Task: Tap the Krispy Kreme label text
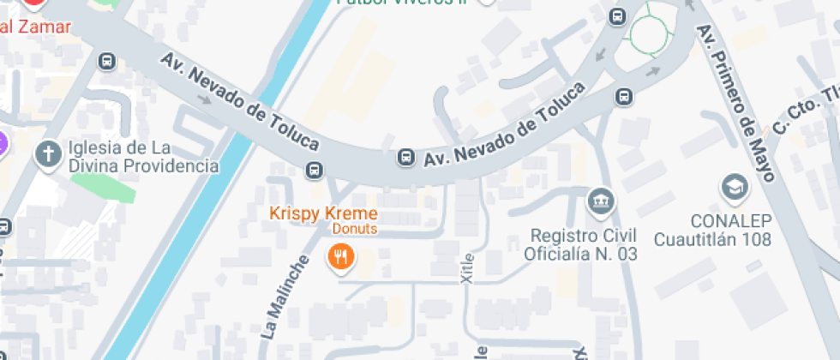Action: click(323, 213)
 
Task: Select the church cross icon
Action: click(46, 155)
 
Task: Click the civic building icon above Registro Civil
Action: click(600, 203)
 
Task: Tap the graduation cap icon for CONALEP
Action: click(734, 187)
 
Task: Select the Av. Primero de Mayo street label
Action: click(735, 103)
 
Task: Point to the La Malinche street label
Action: click(282, 297)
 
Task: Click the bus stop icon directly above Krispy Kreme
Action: click(315, 170)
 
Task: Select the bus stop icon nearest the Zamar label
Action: click(106, 61)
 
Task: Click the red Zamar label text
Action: click(35, 26)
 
